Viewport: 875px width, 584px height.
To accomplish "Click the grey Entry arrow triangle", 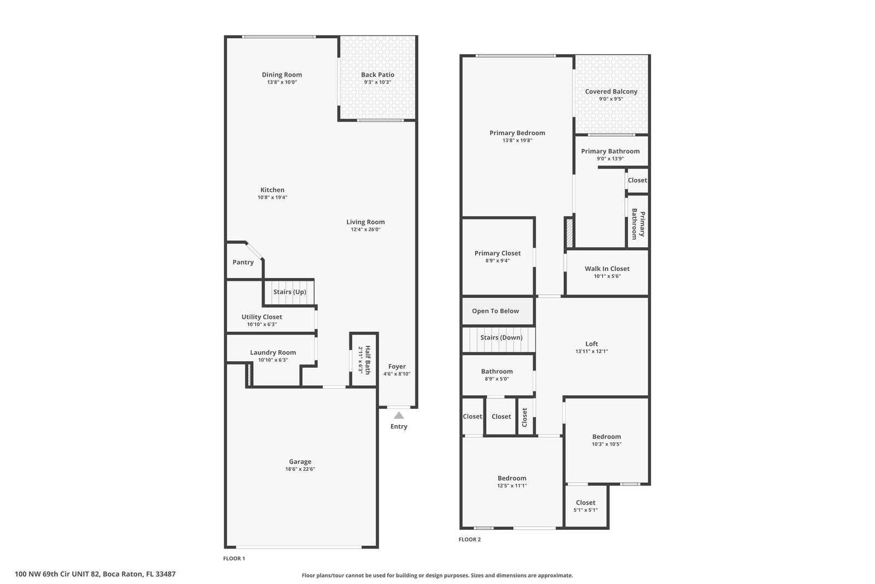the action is pyautogui.click(x=399, y=415).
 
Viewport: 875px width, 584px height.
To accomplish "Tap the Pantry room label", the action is pyautogui.click(x=243, y=262).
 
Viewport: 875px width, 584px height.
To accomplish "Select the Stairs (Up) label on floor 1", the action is pyautogui.click(x=290, y=292).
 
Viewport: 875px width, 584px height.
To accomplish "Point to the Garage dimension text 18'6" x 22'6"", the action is pyautogui.click(x=300, y=469).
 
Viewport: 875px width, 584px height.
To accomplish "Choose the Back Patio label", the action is pyautogui.click(x=378, y=74).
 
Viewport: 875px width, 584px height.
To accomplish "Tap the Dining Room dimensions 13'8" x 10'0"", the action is pyautogui.click(x=282, y=82).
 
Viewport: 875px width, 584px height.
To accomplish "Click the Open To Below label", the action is pyautogui.click(x=495, y=311).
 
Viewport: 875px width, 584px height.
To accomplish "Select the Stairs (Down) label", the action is pyautogui.click(x=501, y=337).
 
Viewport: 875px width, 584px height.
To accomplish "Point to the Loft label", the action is pyautogui.click(x=591, y=344).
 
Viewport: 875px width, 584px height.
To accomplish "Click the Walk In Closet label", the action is pyautogui.click(x=607, y=269).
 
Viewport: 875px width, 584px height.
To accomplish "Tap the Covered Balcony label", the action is pyautogui.click(x=611, y=91).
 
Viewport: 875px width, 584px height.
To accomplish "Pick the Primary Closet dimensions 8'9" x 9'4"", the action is pyautogui.click(x=498, y=261).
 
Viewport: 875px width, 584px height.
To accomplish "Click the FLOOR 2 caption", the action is pyautogui.click(x=470, y=540).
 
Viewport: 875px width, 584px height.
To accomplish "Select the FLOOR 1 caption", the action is pyautogui.click(x=234, y=559).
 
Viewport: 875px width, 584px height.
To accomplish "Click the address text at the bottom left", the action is pyautogui.click(x=95, y=574).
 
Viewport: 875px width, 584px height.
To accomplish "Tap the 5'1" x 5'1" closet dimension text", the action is pyautogui.click(x=586, y=510).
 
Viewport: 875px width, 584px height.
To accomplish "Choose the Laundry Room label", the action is pyautogui.click(x=273, y=352).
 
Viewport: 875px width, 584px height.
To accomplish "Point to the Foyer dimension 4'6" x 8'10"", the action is pyautogui.click(x=397, y=374).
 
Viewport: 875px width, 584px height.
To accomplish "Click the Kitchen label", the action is pyautogui.click(x=272, y=189).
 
